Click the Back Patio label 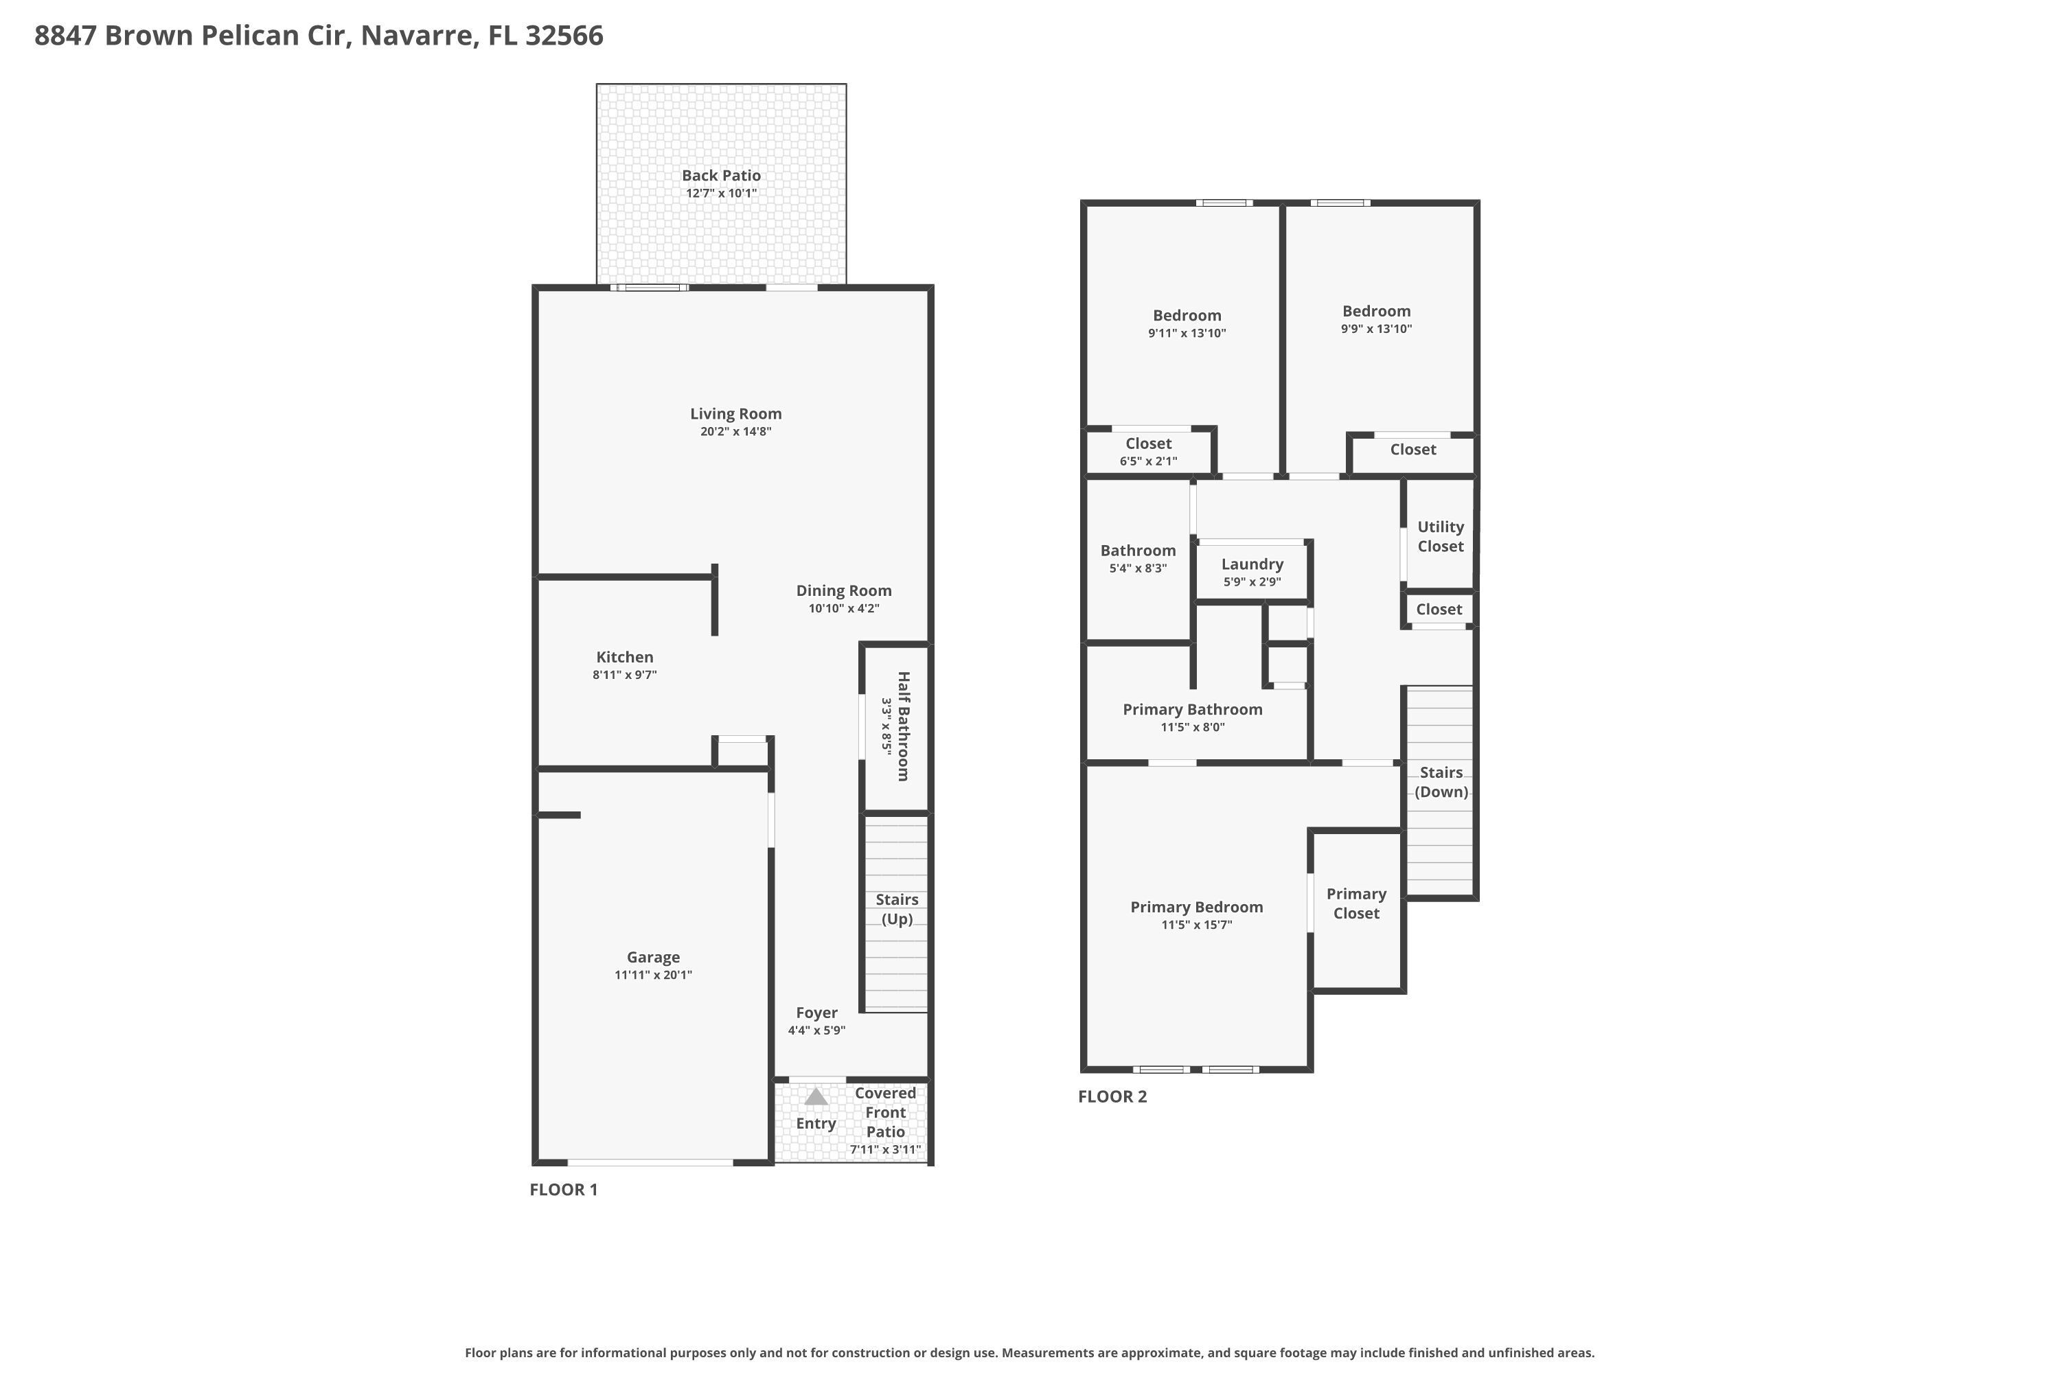(x=721, y=175)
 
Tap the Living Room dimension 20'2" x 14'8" (x=735, y=432)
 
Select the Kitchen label (x=624, y=657)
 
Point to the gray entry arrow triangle (x=816, y=1097)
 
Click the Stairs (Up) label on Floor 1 (x=897, y=909)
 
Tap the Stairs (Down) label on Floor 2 (x=1441, y=782)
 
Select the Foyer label (x=816, y=1012)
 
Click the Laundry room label (x=1252, y=564)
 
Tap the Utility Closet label (x=1440, y=536)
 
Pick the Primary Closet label (x=1355, y=903)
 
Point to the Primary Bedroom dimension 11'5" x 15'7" (x=1196, y=925)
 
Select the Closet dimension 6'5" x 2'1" (x=1147, y=461)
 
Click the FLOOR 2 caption (x=1112, y=1096)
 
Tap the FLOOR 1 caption (x=563, y=1189)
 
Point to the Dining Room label (x=843, y=590)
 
